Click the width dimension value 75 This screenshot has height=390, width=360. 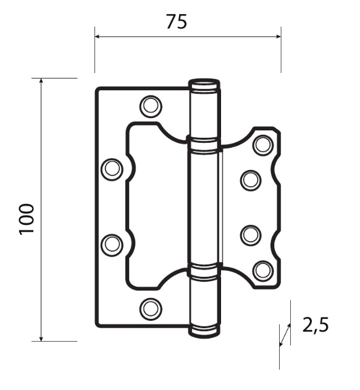176,22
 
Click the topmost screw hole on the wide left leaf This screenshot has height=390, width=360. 149,106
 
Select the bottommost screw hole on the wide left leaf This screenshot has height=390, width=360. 149,308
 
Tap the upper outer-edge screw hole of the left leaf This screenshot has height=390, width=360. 112,169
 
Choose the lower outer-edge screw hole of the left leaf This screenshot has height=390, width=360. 112,244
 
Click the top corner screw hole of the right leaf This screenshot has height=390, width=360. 263,145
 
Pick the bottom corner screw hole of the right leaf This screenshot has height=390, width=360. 263,269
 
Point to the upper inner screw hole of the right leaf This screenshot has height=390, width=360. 250,180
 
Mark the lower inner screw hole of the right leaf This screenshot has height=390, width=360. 250,235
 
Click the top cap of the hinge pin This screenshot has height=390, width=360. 204,83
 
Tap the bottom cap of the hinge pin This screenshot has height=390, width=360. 204,331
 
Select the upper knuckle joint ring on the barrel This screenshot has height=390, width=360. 204,145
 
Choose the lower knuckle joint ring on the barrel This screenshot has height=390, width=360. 204,269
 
